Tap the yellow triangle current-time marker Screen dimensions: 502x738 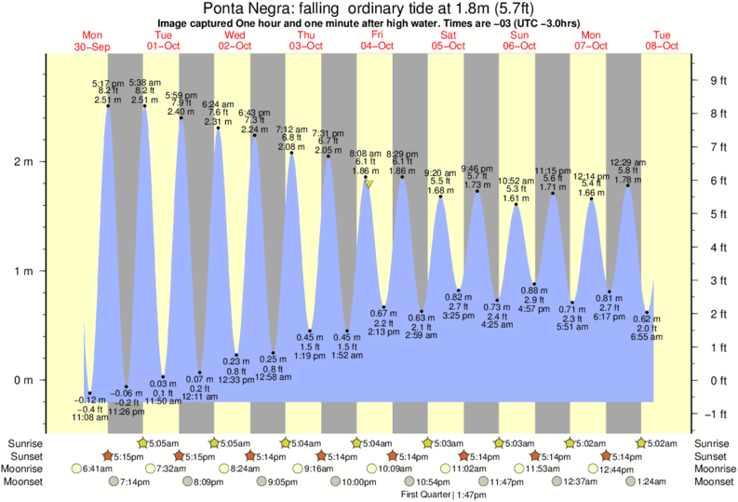click(369, 184)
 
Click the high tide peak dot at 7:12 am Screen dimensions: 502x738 click(291, 153)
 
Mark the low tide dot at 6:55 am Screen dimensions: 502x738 click(648, 313)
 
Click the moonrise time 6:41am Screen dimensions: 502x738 click(96, 469)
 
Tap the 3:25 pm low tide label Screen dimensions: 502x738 click(460, 315)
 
